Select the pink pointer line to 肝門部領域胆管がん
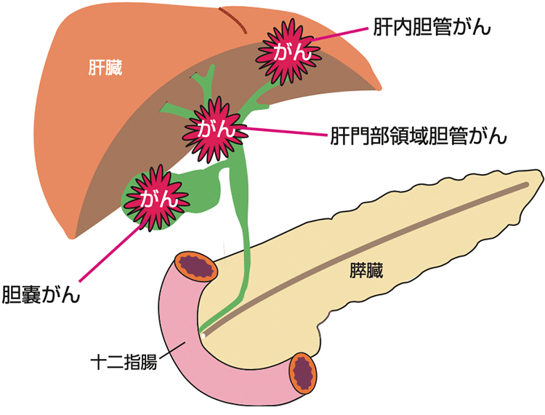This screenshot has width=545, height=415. coord(283,133)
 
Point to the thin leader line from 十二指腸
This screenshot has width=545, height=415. coord(169,351)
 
